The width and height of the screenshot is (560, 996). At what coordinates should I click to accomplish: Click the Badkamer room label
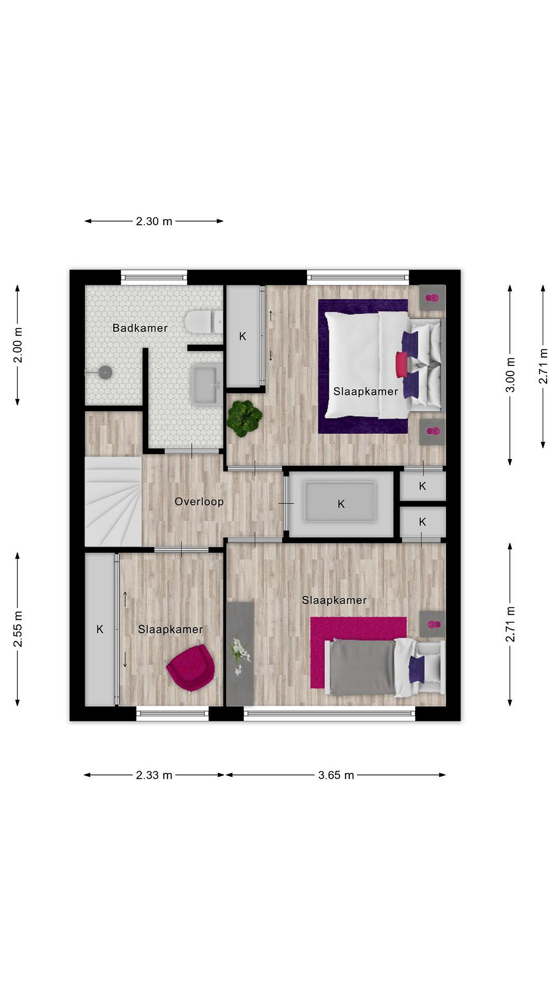click(140, 328)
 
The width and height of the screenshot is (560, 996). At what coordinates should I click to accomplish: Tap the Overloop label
click(199, 502)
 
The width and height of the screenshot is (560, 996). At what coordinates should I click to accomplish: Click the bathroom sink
click(206, 386)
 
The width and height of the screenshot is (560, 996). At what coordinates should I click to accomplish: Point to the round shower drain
click(105, 372)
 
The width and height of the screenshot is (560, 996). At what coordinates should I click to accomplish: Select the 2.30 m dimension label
click(154, 222)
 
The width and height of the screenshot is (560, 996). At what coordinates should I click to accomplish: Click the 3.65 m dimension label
click(336, 775)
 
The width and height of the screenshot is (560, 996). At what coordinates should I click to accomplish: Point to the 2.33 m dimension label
click(154, 775)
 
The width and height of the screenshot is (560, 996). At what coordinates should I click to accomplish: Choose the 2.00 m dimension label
click(18, 345)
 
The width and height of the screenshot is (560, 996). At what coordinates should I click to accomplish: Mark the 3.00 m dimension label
click(511, 375)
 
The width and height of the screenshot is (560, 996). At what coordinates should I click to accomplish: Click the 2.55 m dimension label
click(18, 629)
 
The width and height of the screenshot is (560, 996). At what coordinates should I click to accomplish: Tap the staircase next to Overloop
click(113, 501)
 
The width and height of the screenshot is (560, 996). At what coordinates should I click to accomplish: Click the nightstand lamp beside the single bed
click(432, 624)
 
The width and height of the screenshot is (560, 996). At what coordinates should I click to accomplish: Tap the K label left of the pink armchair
click(100, 629)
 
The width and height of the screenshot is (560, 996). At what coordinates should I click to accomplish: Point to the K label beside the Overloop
click(341, 504)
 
